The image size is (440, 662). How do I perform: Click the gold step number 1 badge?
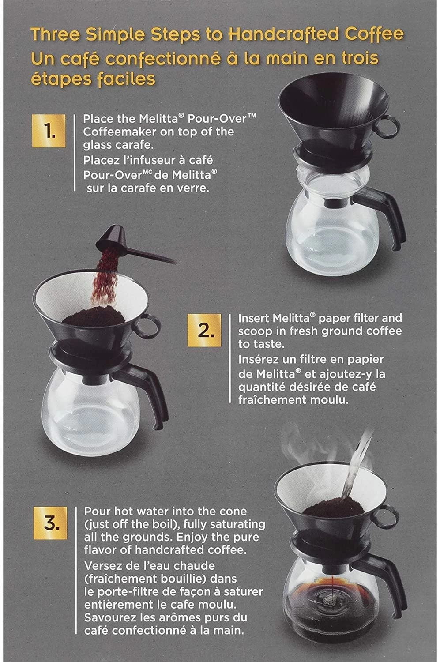(49, 131)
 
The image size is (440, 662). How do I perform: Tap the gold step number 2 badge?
(203, 330)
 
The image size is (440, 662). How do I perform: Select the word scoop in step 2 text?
(255, 331)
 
